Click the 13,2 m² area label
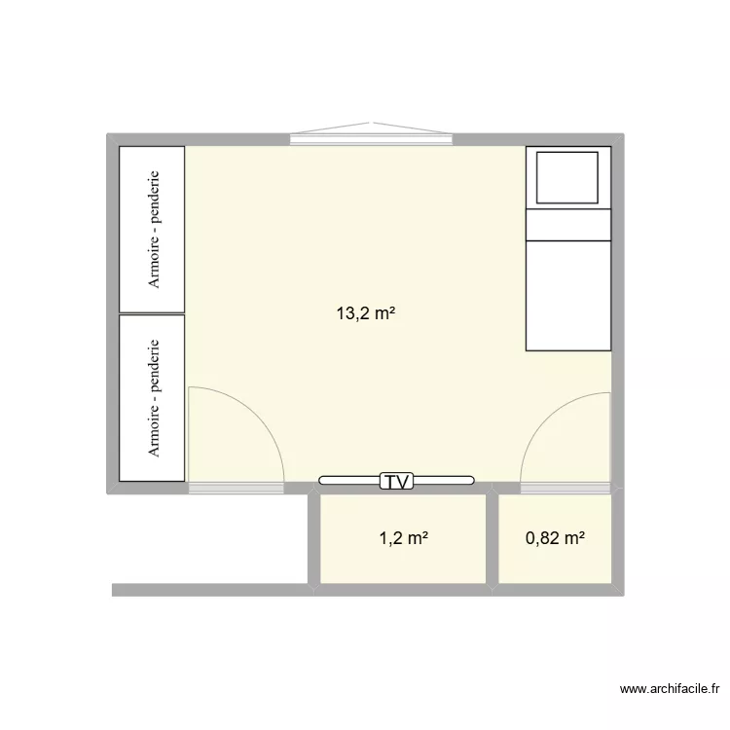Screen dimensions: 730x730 point(366,313)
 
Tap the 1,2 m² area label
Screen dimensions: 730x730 point(404,538)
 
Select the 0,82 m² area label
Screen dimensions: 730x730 point(555,538)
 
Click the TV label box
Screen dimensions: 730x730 point(397,481)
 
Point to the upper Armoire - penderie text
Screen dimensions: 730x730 point(154,230)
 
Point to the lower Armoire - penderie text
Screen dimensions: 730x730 point(154,398)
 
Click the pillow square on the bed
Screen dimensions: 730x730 point(567,177)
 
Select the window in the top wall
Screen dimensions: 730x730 point(371,139)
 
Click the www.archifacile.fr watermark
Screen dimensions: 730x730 point(670,688)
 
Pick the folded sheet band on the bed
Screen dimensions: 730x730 point(568,225)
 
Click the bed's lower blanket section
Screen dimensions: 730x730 point(568,296)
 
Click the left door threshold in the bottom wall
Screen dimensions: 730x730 point(237,488)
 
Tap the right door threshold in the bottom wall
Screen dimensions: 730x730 point(566,488)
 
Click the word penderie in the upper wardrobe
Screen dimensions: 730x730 point(154,197)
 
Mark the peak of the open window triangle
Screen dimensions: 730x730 point(371,123)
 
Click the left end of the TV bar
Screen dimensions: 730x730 point(320,481)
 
